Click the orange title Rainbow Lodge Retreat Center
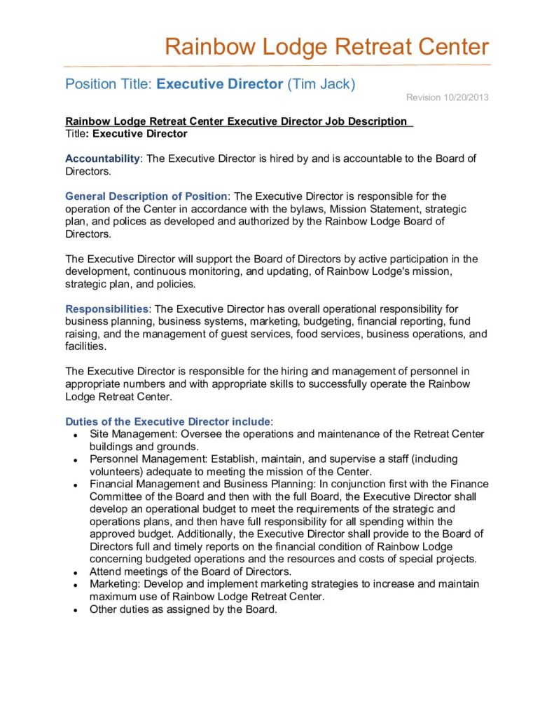point(326,47)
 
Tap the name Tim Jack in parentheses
point(321,84)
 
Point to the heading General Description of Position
point(146,196)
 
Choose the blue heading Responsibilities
point(106,309)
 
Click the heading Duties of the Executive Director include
point(167,421)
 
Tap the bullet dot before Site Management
point(75,435)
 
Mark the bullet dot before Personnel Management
point(75,460)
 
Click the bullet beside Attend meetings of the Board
point(75,572)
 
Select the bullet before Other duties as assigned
point(75,610)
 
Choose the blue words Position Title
point(109,84)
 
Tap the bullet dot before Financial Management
point(75,485)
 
